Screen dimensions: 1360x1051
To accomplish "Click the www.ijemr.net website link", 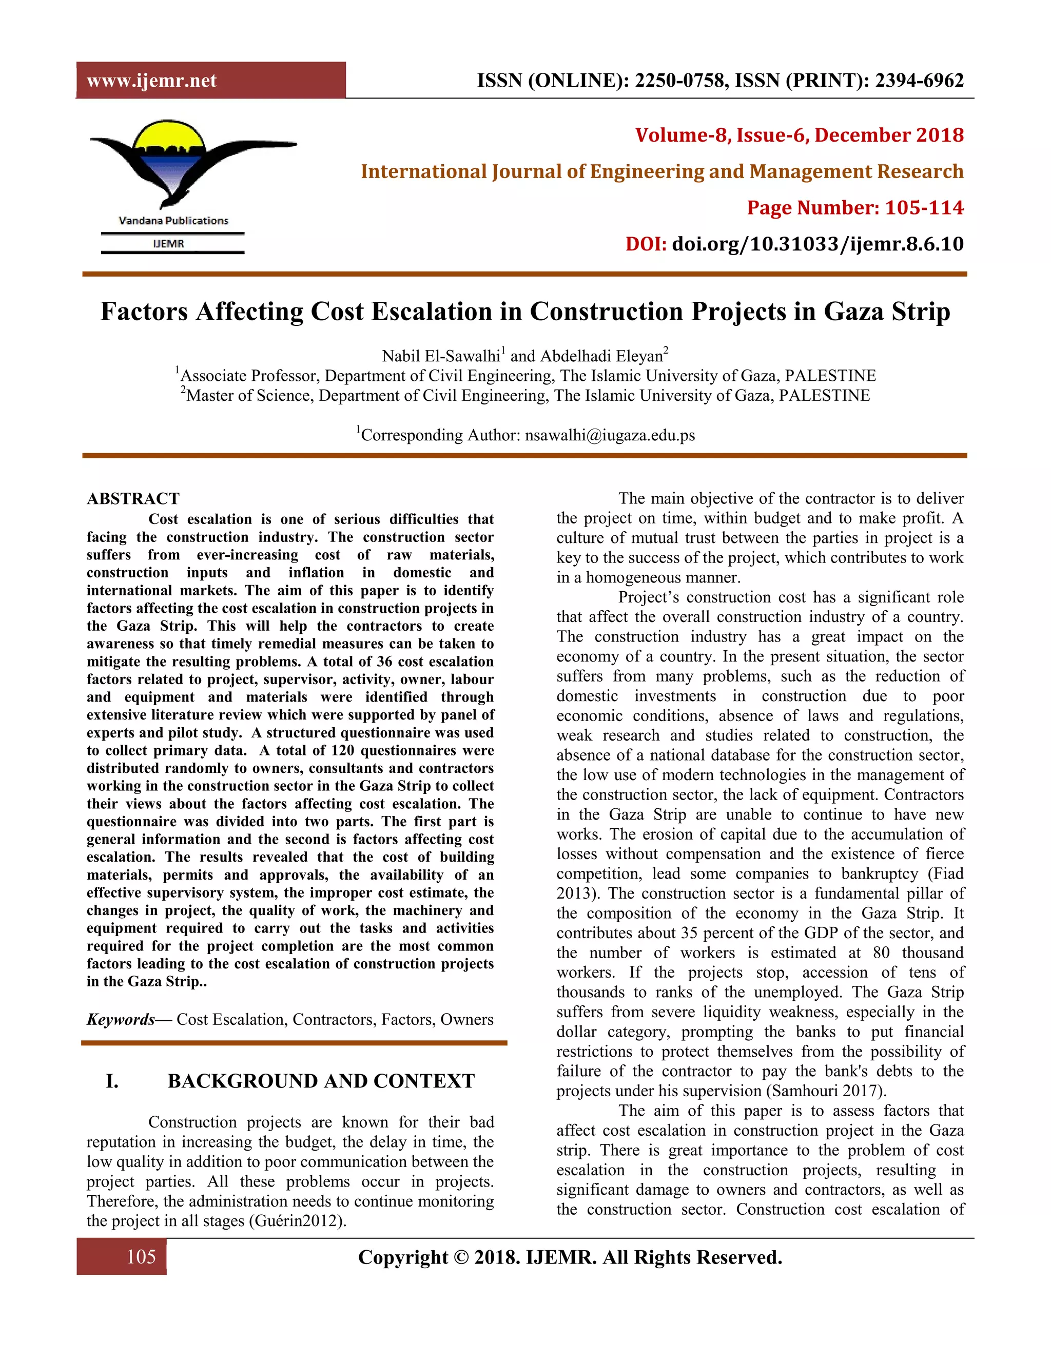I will pyautogui.click(x=151, y=81).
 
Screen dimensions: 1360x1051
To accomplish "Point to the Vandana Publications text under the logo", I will pyautogui.click(x=173, y=221).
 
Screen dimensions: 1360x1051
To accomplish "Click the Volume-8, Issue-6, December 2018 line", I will pyautogui.click(x=799, y=135).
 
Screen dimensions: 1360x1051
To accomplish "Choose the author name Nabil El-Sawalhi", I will pyautogui.click(x=441, y=356).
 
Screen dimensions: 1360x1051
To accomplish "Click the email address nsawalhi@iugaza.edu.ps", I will pyautogui.click(x=610, y=435).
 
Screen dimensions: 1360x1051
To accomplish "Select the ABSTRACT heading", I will pyautogui.click(x=133, y=499).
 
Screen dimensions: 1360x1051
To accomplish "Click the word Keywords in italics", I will pyautogui.click(x=120, y=1019).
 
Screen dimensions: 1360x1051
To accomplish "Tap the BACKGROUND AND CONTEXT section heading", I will pyautogui.click(x=321, y=1080).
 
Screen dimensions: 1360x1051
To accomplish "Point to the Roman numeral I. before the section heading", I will pyautogui.click(x=112, y=1080).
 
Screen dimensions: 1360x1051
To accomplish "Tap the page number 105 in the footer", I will pyautogui.click(x=141, y=1257).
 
